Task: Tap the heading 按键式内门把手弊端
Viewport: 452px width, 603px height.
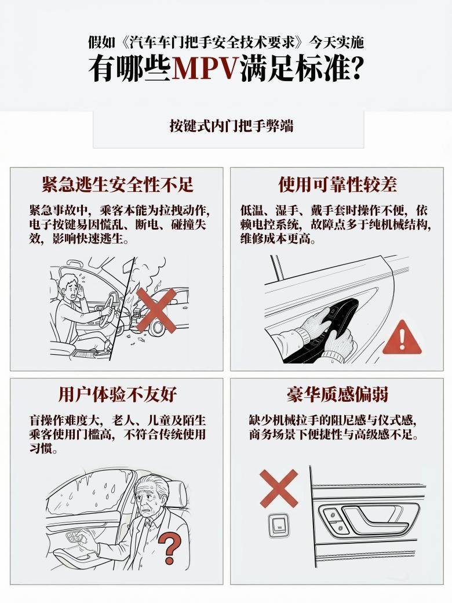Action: pyautogui.click(x=231, y=126)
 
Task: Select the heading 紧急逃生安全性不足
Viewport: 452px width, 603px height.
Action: pyautogui.click(x=118, y=184)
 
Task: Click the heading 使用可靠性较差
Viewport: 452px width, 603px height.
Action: pyautogui.click(x=337, y=184)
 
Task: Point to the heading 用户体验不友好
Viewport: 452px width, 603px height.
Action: pyautogui.click(x=118, y=394)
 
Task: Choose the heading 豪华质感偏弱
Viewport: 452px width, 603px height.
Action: pyautogui.click(x=337, y=394)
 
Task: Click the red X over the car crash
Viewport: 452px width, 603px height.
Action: pyautogui.click(x=156, y=310)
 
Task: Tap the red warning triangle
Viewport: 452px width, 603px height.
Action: pyautogui.click(x=402, y=337)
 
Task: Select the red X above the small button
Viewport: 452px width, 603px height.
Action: pyautogui.click(x=279, y=488)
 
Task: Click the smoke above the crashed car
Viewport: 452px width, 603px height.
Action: pyautogui.click(x=148, y=274)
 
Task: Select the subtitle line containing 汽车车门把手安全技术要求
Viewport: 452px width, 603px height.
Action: pyautogui.click(x=225, y=42)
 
